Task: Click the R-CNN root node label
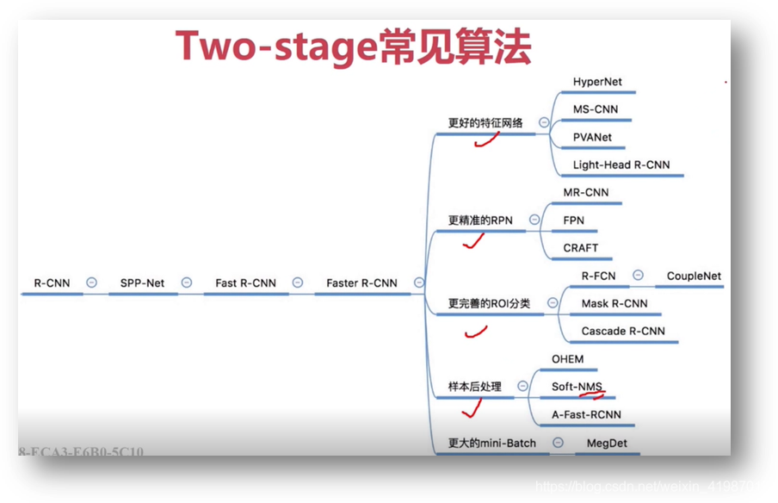pos(52,283)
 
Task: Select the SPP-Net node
pos(142,283)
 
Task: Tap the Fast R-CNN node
pos(245,283)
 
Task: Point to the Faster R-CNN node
pos(361,283)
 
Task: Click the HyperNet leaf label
pos(597,83)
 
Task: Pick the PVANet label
pos(592,138)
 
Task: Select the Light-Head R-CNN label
pos(621,165)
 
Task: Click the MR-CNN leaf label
pos(585,193)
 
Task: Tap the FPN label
pos(573,220)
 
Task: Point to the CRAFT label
pos(580,248)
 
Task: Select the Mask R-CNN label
pos(614,304)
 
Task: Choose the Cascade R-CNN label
pos(623,332)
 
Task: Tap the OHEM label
pos(567,359)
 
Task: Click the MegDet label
pos(607,444)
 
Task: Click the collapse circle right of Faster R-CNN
pos(419,283)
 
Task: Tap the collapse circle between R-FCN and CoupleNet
pos(638,276)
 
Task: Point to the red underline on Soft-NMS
pos(592,395)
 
